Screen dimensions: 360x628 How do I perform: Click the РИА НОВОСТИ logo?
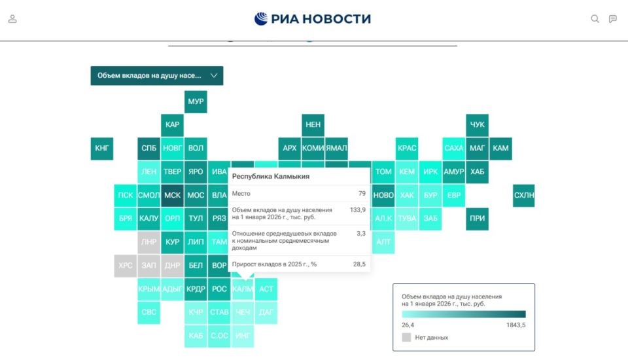313,19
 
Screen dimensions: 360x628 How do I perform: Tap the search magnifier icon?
595,19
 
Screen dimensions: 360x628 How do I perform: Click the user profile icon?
12,19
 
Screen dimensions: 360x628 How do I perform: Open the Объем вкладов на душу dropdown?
156,75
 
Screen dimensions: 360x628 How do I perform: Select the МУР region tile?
196,101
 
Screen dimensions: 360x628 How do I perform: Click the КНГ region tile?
102,149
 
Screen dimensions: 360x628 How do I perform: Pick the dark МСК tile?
172,195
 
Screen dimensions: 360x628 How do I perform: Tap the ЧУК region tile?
478,125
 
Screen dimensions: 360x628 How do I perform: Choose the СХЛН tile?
524,195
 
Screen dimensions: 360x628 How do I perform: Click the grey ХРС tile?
126,266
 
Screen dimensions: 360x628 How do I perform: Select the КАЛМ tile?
243,289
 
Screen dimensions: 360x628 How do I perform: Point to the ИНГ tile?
243,336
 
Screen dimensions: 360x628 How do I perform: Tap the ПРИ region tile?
478,219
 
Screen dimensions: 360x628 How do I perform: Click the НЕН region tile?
313,125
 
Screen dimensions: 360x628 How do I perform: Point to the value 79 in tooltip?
362,194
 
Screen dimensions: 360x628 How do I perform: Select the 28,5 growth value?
359,264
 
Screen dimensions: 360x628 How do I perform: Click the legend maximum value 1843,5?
515,325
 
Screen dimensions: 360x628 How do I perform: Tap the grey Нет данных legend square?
406,337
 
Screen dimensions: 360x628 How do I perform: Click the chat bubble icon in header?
613,19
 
